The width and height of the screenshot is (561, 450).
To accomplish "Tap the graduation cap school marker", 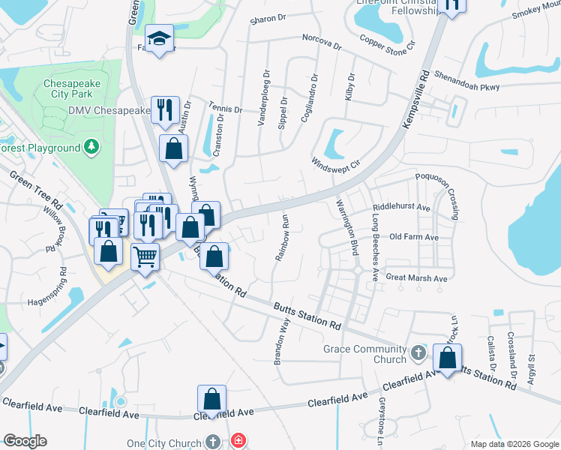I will (x=159, y=40).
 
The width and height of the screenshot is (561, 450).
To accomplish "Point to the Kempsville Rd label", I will (x=415, y=100).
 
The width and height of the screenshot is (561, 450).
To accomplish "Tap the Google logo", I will (x=25, y=441).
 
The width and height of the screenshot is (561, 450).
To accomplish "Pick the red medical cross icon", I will (x=238, y=440).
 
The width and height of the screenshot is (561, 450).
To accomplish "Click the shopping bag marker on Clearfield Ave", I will (x=212, y=400).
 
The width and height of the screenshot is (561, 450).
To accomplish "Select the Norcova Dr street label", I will (x=322, y=41).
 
